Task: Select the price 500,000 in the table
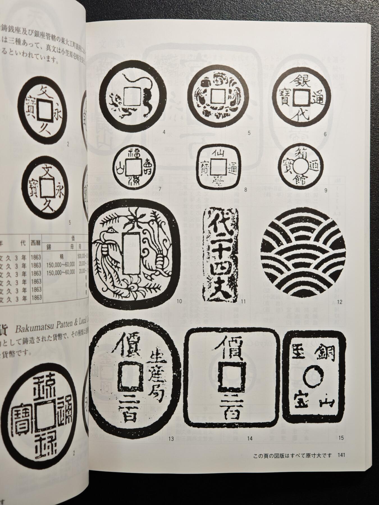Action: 83,256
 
